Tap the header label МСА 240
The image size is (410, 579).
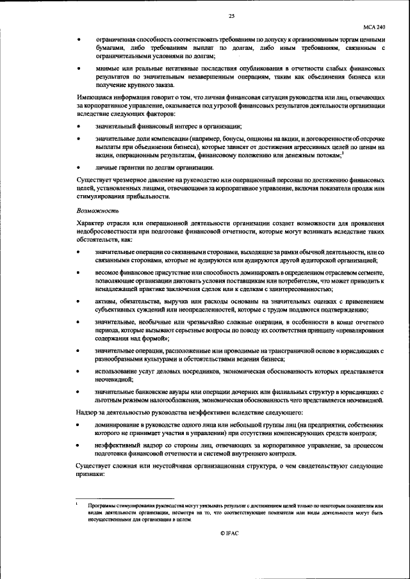coord(374,28)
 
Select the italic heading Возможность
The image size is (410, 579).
coord(94,210)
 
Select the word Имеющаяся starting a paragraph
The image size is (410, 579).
coord(94,97)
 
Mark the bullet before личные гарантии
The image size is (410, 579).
coord(78,167)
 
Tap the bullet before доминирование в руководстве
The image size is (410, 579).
coord(78,425)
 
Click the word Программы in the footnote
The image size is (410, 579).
coord(105,505)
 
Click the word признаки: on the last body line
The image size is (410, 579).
coord(93,475)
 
